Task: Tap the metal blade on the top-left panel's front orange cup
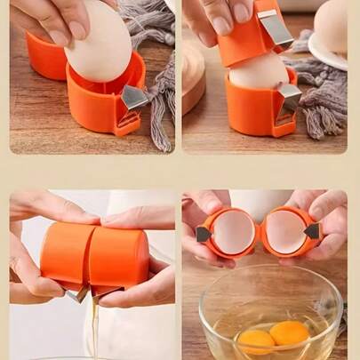tap(134, 97)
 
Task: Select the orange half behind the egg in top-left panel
tap(46, 55)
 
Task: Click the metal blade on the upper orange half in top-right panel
tap(276, 29)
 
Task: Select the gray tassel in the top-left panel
tap(160, 98)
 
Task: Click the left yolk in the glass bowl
tap(255, 340)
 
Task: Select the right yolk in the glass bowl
tap(289, 333)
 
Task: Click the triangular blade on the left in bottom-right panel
tap(204, 234)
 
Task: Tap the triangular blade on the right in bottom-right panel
tap(312, 231)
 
